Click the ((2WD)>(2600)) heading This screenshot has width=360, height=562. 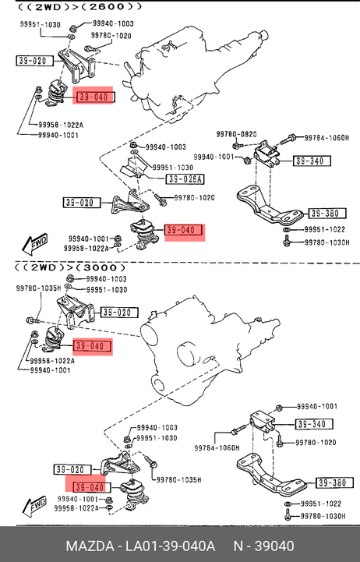79,7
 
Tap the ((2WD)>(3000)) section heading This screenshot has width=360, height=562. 71,267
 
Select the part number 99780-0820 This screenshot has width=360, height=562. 236,134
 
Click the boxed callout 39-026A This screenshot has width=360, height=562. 185,178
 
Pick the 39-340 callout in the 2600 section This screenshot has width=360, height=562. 311,161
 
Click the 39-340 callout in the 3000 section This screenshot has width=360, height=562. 314,424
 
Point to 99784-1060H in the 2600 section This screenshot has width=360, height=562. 326,138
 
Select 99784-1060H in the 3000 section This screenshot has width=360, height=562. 217,447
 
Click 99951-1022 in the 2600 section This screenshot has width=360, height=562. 324,229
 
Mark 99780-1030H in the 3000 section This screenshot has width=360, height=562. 323,516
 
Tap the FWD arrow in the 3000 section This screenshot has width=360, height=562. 34,506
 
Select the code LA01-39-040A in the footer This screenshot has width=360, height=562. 170,546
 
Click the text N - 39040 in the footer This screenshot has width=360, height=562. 264,546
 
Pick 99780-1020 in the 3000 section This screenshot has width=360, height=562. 316,442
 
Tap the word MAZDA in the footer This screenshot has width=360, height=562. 89,546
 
